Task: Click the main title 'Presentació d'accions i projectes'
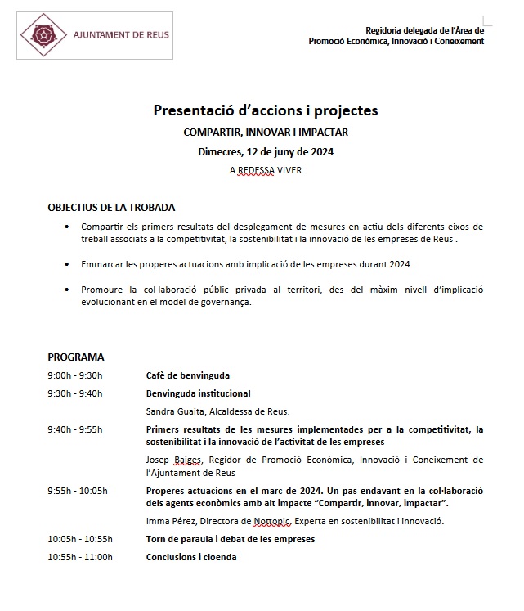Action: coord(266,110)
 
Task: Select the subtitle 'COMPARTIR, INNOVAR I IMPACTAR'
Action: coord(266,132)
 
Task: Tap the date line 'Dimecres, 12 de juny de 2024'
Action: coord(266,151)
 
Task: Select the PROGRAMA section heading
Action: coord(75,357)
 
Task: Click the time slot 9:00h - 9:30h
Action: coord(74,375)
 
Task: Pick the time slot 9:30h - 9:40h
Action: coord(74,393)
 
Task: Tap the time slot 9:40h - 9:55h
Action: coord(74,429)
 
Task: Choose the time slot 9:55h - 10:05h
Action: coord(77,491)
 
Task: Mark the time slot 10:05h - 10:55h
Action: coord(79,539)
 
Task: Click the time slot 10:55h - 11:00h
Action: coord(79,557)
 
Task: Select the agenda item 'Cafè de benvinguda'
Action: coord(187,375)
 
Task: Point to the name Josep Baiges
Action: coord(171,460)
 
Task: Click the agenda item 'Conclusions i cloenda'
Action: coord(192,557)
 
